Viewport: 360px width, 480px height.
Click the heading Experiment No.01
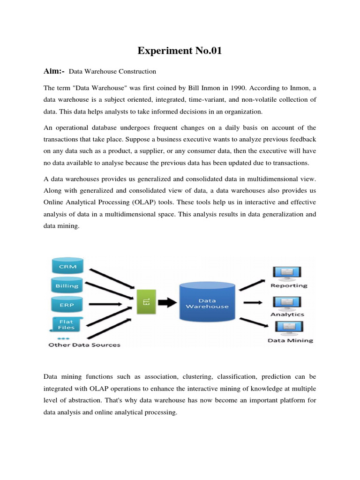[x=180, y=51]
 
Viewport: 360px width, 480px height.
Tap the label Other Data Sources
[x=84, y=345]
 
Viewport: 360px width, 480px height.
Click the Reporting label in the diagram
[x=289, y=285]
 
